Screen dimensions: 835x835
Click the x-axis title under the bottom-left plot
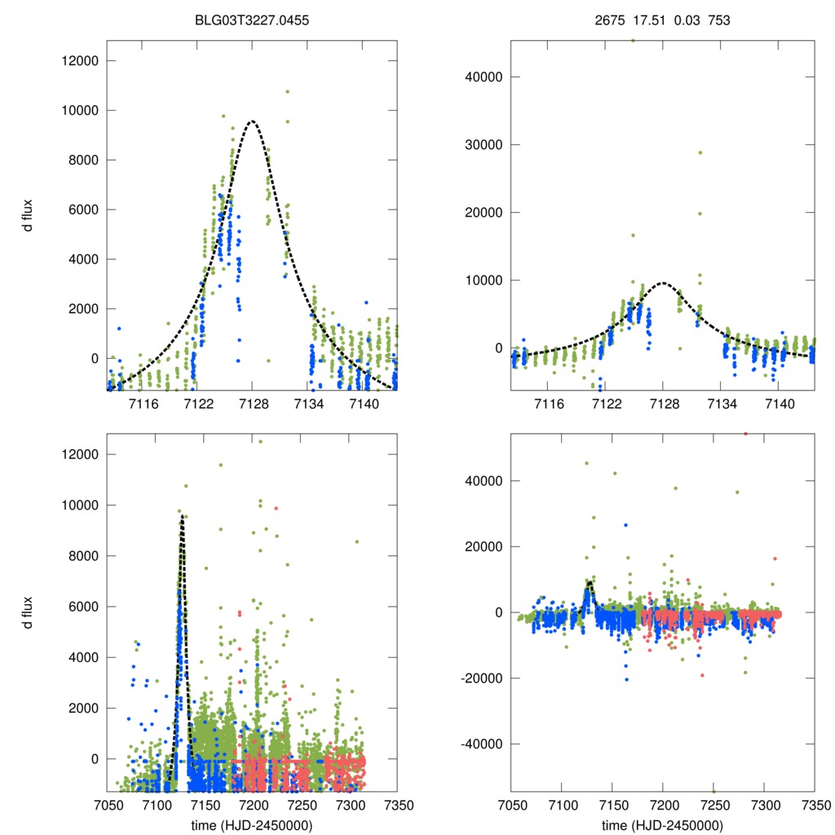(251, 825)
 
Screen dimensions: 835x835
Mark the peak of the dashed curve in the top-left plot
(252, 121)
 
